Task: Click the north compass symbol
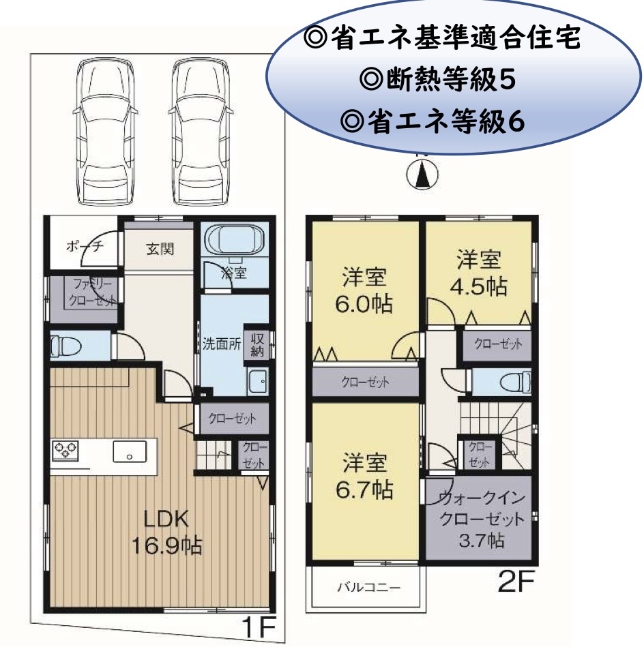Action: (422, 172)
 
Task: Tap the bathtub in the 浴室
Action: (235, 239)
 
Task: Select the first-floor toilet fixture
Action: (65, 346)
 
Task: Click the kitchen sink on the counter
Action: (130, 451)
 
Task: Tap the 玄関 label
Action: (160, 250)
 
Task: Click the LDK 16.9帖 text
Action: (166, 532)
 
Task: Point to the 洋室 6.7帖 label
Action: (364, 477)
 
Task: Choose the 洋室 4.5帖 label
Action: (478, 273)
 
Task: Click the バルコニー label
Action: (369, 587)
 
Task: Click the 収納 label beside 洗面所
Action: (257, 345)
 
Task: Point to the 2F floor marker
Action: (516, 581)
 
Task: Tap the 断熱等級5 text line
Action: (437, 79)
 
